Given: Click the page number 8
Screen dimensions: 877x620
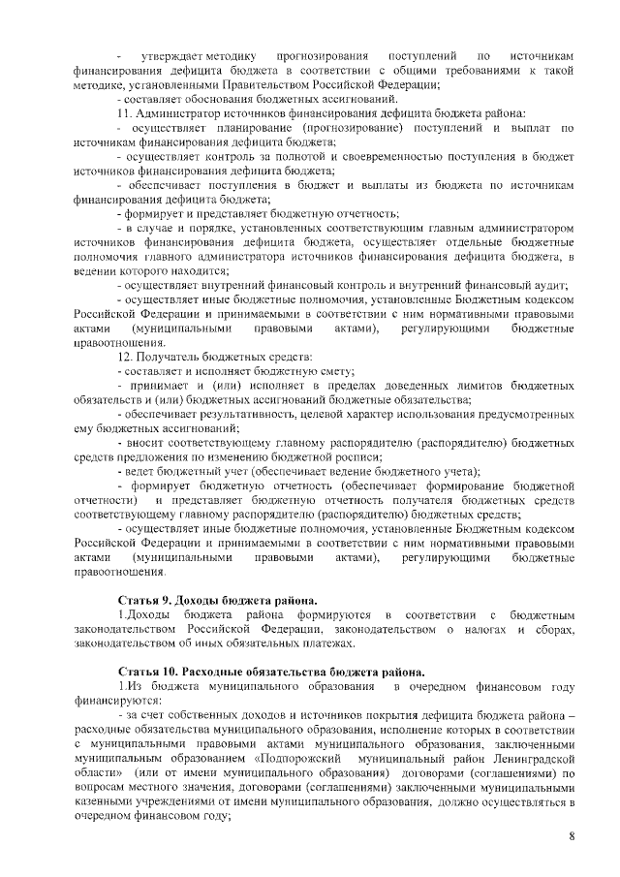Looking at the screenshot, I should click(572, 836).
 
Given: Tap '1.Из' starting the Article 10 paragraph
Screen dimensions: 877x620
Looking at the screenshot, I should click(130, 686).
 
